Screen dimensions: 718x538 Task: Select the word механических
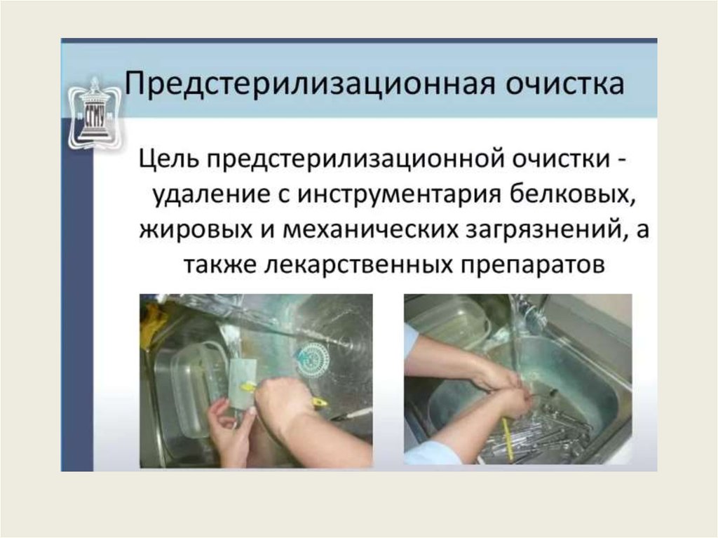pyautogui.click(x=370, y=229)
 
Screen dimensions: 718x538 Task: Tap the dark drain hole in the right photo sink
pyautogui.click(x=551, y=392)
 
